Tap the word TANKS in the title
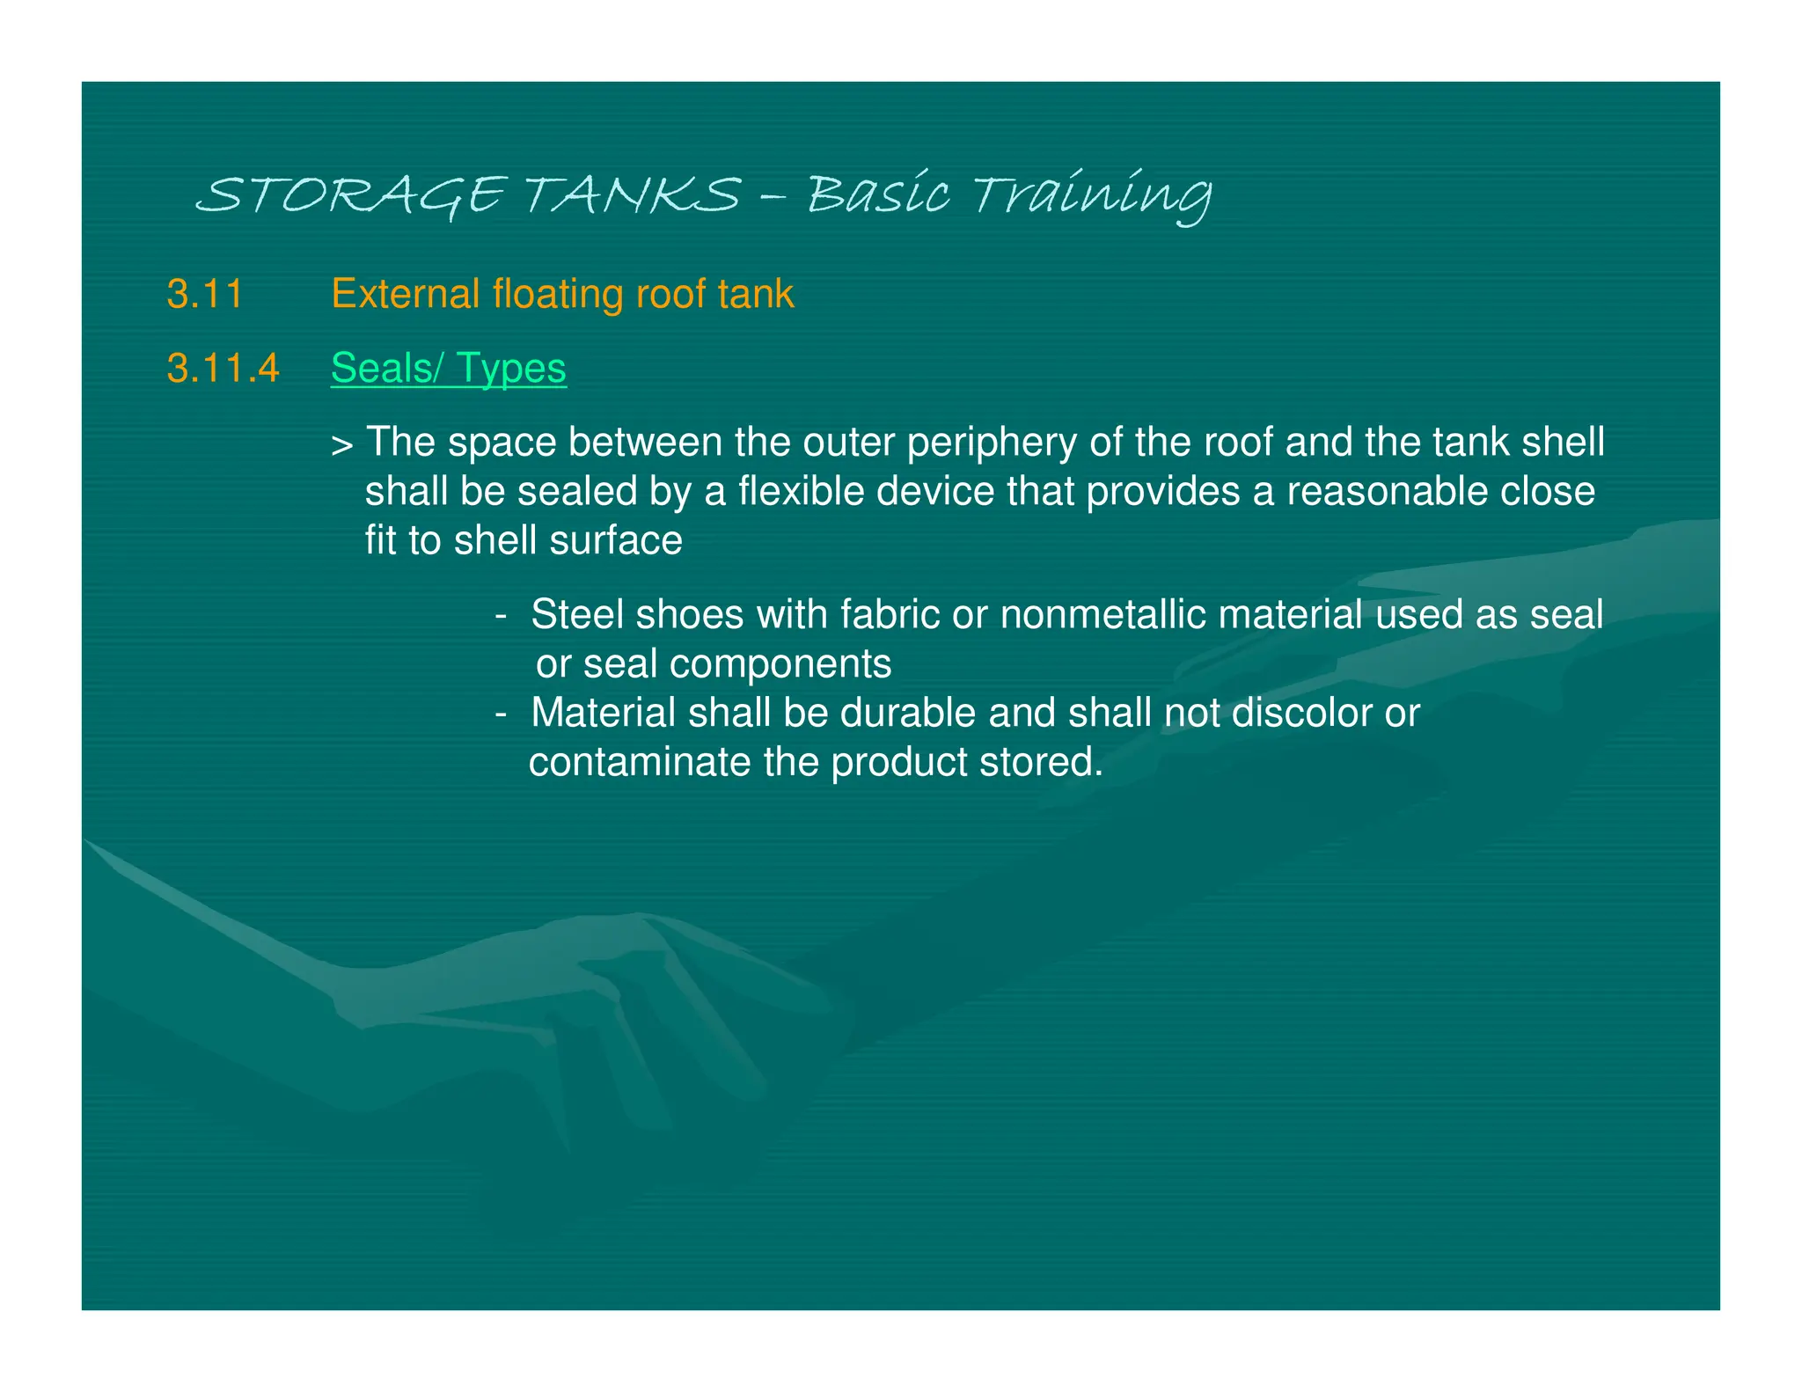click(633, 194)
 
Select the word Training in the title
click(1092, 194)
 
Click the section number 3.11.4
click(223, 368)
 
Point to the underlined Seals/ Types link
click(449, 368)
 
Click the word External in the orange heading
click(405, 294)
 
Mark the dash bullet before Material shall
click(501, 713)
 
